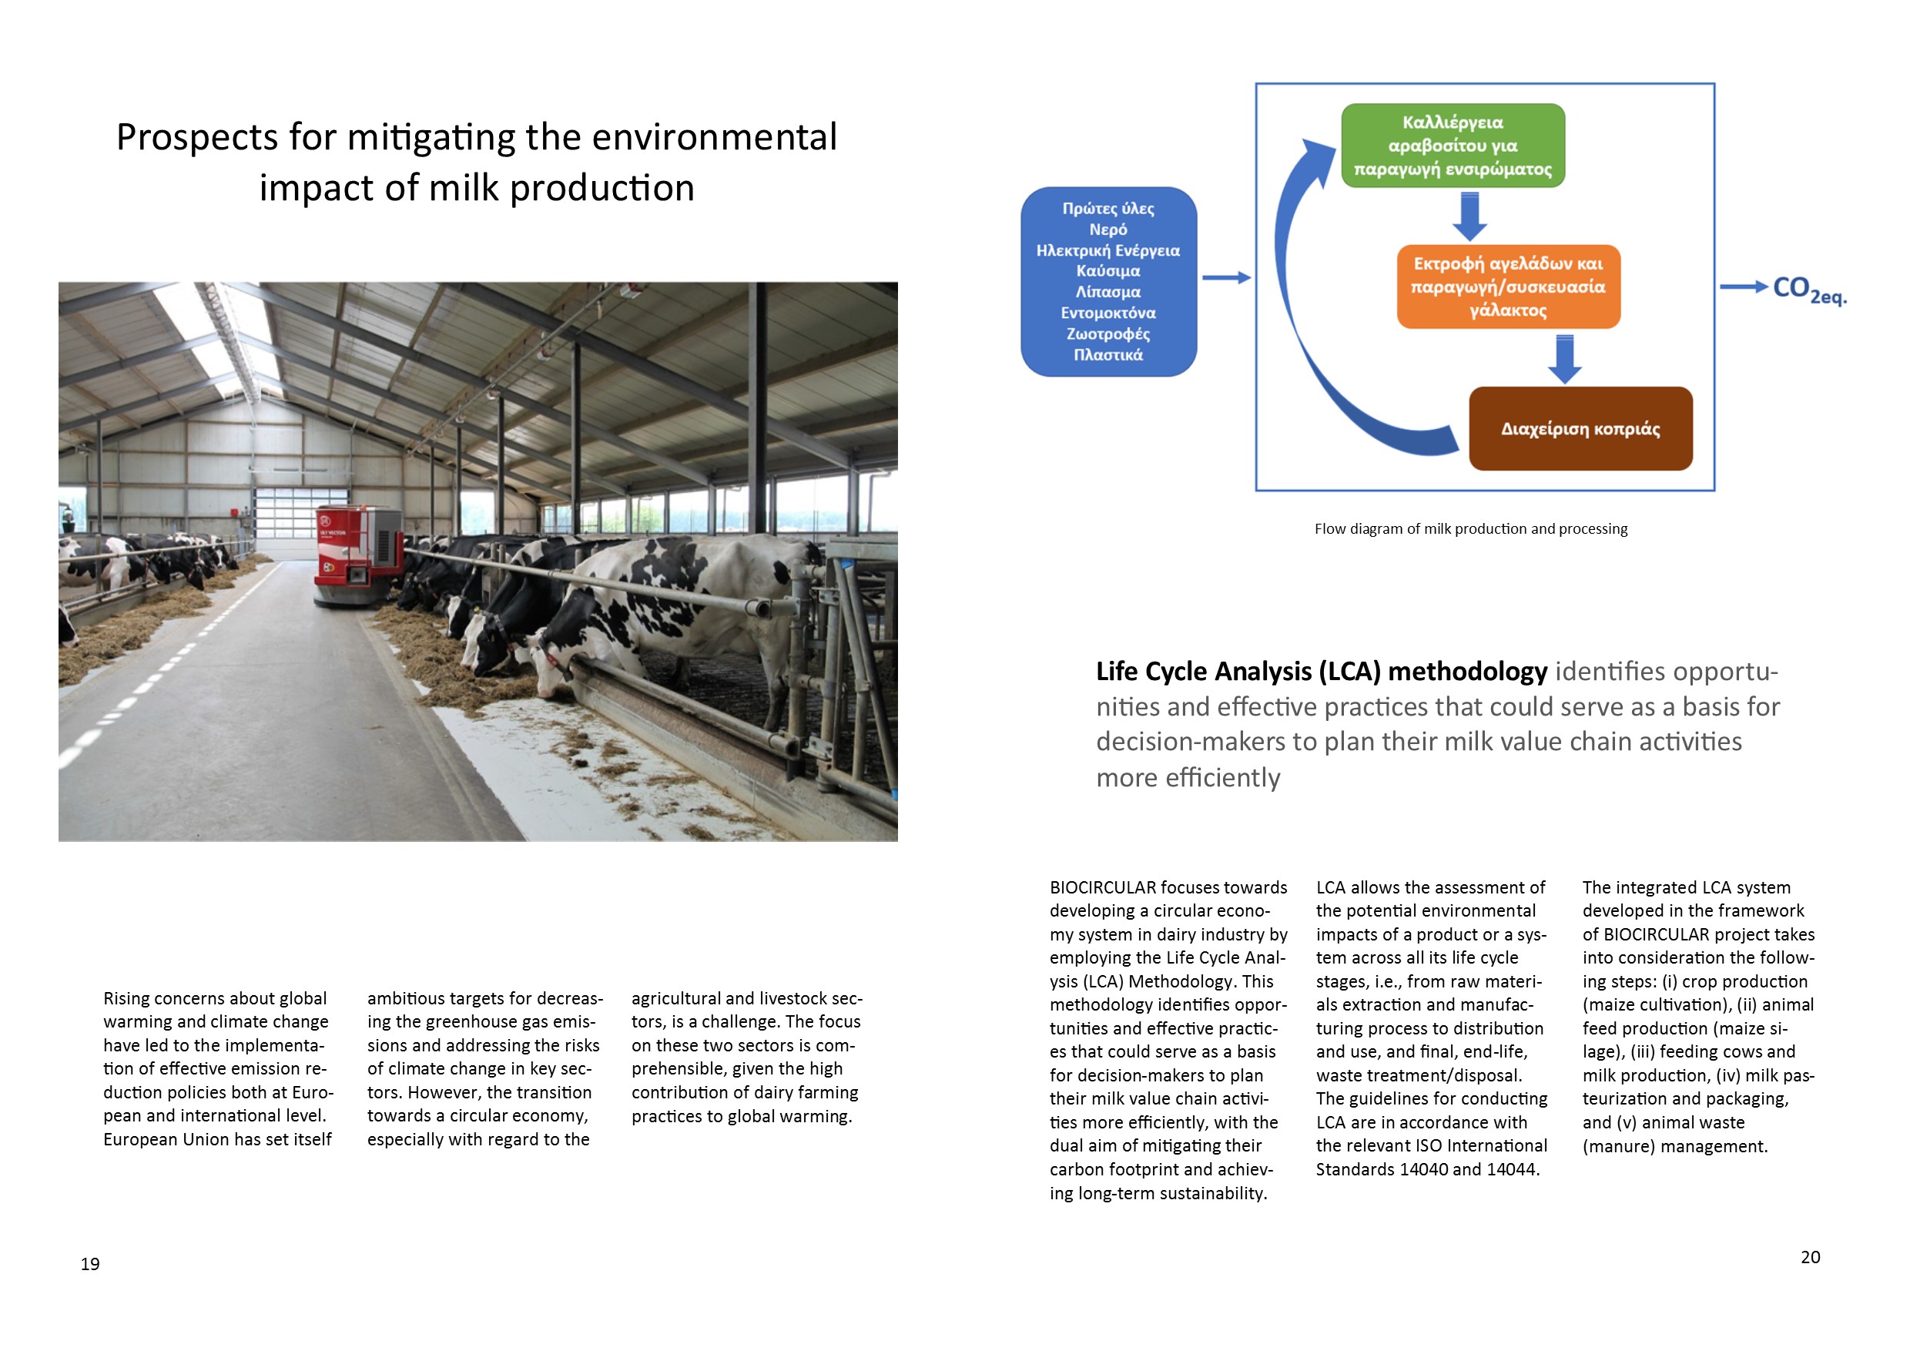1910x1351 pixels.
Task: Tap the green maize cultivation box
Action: coord(1453,146)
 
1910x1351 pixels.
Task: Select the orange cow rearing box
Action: coord(1508,287)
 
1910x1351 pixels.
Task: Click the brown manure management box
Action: coord(1580,429)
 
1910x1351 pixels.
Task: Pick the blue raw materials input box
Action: coord(1108,282)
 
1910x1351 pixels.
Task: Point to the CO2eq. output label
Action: coord(1808,289)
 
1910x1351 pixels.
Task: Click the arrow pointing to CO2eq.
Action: coord(1744,287)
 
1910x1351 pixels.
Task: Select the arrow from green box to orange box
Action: coord(1470,216)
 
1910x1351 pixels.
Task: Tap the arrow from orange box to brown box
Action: coord(1565,359)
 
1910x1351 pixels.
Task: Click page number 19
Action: coord(90,1265)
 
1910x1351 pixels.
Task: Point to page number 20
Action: coord(1810,1257)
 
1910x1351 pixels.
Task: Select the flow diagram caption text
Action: coord(1471,529)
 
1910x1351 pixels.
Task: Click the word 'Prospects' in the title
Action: coord(196,138)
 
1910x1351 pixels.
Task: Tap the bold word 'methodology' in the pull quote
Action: coord(1467,672)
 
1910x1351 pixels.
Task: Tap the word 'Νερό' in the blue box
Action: coord(1108,230)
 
